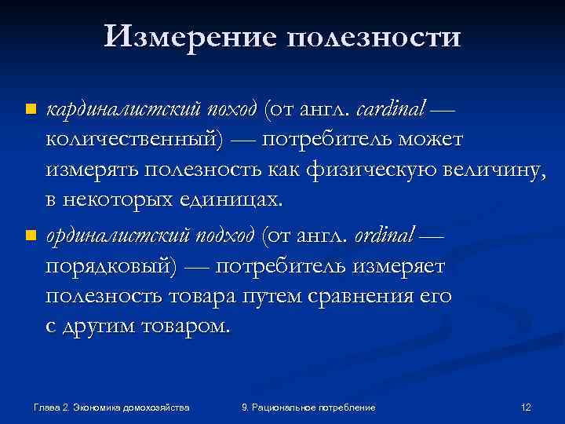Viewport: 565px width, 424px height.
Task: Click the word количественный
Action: click(134, 139)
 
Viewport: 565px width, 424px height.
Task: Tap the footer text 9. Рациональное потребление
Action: click(308, 408)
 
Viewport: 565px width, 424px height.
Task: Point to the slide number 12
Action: click(526, 408)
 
